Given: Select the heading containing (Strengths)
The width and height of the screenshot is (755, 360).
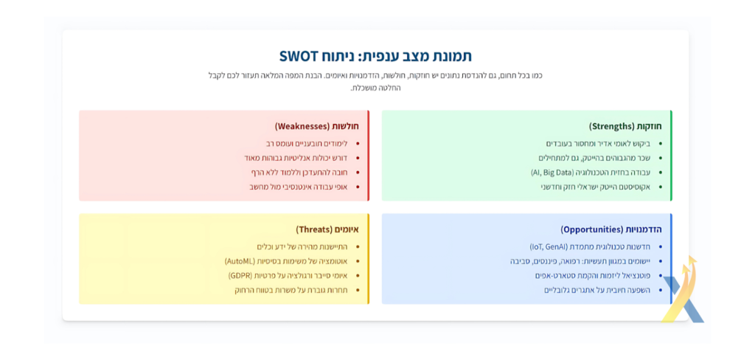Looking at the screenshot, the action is click(625, 126).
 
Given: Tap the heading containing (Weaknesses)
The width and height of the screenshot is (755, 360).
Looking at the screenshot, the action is click(317, 126).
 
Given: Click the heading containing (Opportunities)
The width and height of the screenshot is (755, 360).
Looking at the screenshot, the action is click(611, 229).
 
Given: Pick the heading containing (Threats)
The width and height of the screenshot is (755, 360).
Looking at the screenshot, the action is click(327, 229).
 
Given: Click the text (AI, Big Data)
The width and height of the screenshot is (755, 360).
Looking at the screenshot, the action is click(551, 173).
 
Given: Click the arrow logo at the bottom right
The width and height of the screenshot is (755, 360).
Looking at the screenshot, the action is click(682, 291).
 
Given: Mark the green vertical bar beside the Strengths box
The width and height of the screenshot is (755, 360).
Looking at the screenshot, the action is click(671, 155).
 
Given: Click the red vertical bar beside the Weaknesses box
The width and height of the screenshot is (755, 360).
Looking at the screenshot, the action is click(369, 155).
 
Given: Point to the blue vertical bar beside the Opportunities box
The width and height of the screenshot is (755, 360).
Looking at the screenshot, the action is click(671, 259).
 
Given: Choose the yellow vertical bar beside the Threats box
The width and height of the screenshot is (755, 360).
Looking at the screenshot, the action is click(369, 259).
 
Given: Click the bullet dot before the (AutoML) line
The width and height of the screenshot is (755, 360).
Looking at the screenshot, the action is click(358, 261).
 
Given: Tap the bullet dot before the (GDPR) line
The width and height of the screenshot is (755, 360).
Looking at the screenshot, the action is click(358, 276).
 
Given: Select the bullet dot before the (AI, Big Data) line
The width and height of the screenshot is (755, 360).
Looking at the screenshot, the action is click(660, 173).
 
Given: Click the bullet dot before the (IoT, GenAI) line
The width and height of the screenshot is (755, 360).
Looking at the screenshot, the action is click(660, 246).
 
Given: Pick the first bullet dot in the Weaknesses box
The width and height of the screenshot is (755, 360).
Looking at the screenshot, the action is click(358, 144).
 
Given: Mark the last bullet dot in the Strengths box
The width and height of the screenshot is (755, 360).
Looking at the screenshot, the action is click(660, 187).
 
